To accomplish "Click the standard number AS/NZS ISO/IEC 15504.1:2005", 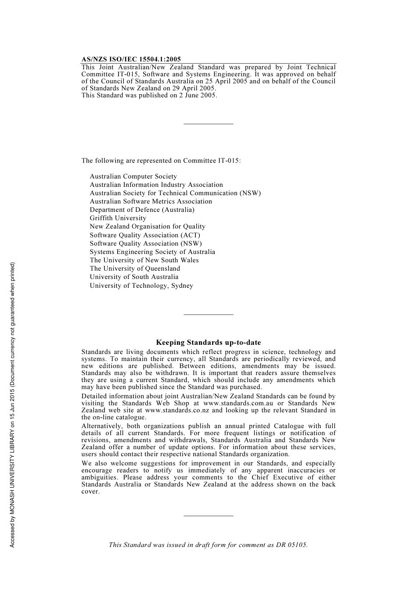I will pos(131,59).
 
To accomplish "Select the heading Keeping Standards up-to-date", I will pos(208,343).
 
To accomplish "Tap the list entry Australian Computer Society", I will pos(133,176).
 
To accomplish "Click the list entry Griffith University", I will pos(118,218).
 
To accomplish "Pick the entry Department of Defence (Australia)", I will pos(142,210).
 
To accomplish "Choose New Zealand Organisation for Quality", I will pos(147,226).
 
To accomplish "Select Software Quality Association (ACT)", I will pos(145,235).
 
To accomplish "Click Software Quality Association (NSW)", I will pos(146,243).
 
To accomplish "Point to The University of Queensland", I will pos(135,268).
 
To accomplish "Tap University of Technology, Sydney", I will pos(141,286).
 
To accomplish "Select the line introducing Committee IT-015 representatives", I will pos(161,161).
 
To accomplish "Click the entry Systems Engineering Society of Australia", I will pos(152,252).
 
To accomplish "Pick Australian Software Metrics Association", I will pos(151,201).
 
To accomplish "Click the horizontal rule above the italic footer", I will pos(208,516).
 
